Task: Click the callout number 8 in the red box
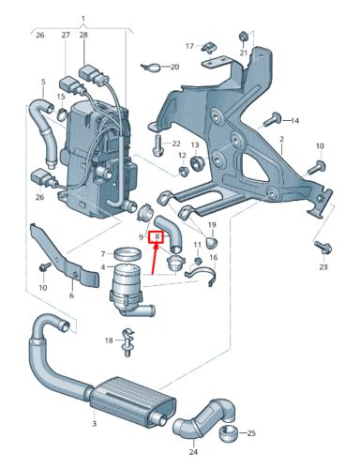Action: [x=157, y=237]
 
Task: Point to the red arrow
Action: [x=154, y=259]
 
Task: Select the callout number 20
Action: [x=174, y=67]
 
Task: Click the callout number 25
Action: [x=251, y=433]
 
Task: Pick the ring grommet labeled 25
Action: [x=230, y=433]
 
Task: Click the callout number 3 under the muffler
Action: [x=94, y=424]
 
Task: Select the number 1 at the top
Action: [x=83, y=19]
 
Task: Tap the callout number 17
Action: [x=189, y=46]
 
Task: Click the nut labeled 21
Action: [x=244, y=36]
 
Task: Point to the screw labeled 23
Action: [x=323, y=248]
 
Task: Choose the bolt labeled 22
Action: [x=157, y=144]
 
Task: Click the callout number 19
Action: [x=212, y=224]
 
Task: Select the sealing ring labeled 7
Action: [x=127, y=253]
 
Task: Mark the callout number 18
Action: [x=109, y=340]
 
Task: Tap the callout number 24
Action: [x=193, y=452]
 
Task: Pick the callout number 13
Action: [x=195, y=144]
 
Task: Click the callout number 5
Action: [x=43, y=82]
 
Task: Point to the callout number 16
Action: [x=214, y=258]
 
